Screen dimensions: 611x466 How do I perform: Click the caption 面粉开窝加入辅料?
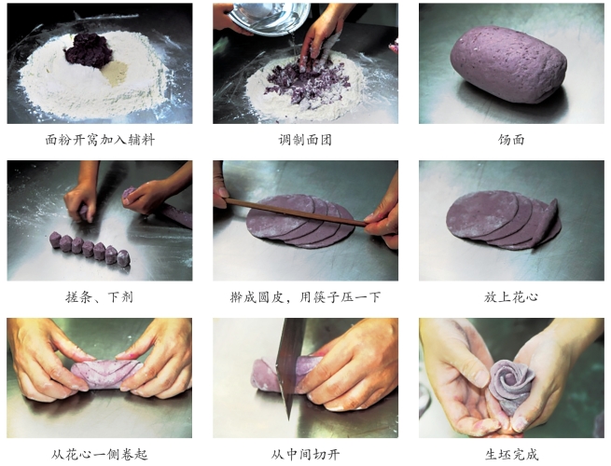tap(100, 140)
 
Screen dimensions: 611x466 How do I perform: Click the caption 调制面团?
tap(305, 140)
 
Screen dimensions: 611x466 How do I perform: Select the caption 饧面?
tap(511, 140)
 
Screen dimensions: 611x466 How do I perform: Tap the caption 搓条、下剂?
tap(100, 297)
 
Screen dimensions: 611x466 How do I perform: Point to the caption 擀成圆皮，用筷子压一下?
tap(305, 297)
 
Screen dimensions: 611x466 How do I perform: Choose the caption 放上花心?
tap(511, 297)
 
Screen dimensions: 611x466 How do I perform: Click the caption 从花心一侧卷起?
tap(100, 454)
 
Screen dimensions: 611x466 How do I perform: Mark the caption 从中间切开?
tap(305, 454)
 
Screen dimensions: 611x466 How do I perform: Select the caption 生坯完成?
tap(511, 454)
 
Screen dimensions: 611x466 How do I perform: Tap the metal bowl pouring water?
tap(269, 18)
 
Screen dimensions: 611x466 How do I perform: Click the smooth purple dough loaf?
tap(508, 64)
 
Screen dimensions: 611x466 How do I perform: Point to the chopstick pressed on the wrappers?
tap(295, 212)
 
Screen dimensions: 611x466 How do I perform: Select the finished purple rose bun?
tap(510, 386)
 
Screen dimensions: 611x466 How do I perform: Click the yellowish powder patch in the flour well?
tap(115, 73)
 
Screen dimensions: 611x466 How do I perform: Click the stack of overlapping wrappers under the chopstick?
tap(300, 221)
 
